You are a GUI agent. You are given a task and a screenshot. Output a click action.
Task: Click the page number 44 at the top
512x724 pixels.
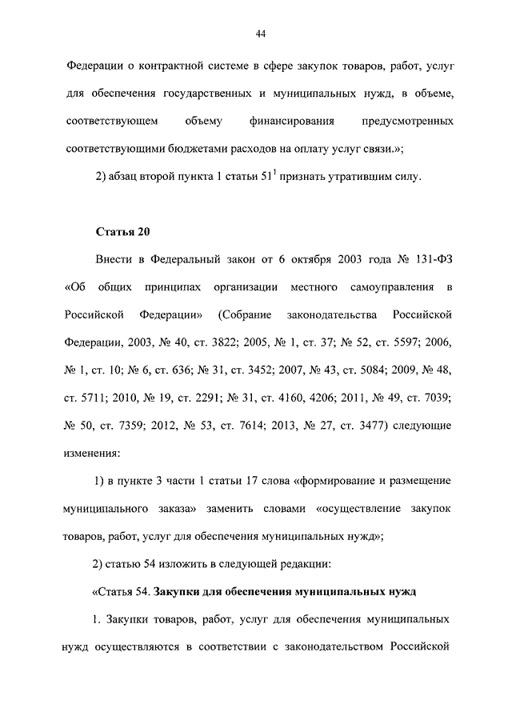[x=260, y=33]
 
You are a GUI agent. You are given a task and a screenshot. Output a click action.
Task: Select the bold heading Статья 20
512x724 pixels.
[x=123, y=232]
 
